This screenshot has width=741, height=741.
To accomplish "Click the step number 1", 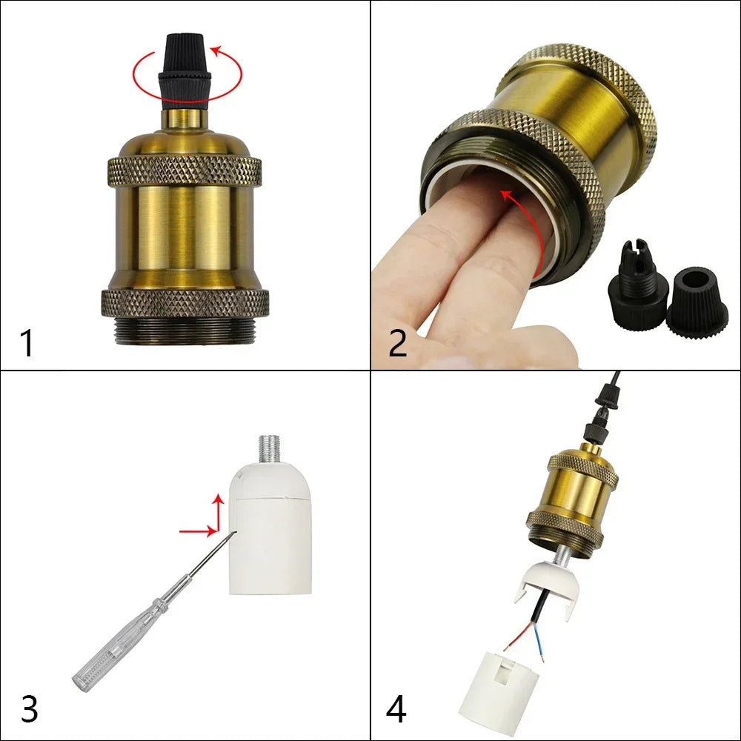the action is pos(27,344).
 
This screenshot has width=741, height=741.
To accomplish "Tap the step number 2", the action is pos(397,344).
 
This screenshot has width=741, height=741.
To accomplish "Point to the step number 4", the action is pos(396,709).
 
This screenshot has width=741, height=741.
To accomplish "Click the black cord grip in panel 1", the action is pos(184,71).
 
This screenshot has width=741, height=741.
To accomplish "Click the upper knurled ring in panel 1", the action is pos(185,170).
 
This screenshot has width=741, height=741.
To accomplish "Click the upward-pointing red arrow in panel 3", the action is pos(218,513).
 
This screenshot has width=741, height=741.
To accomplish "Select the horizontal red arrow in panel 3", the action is pos(198,531).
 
